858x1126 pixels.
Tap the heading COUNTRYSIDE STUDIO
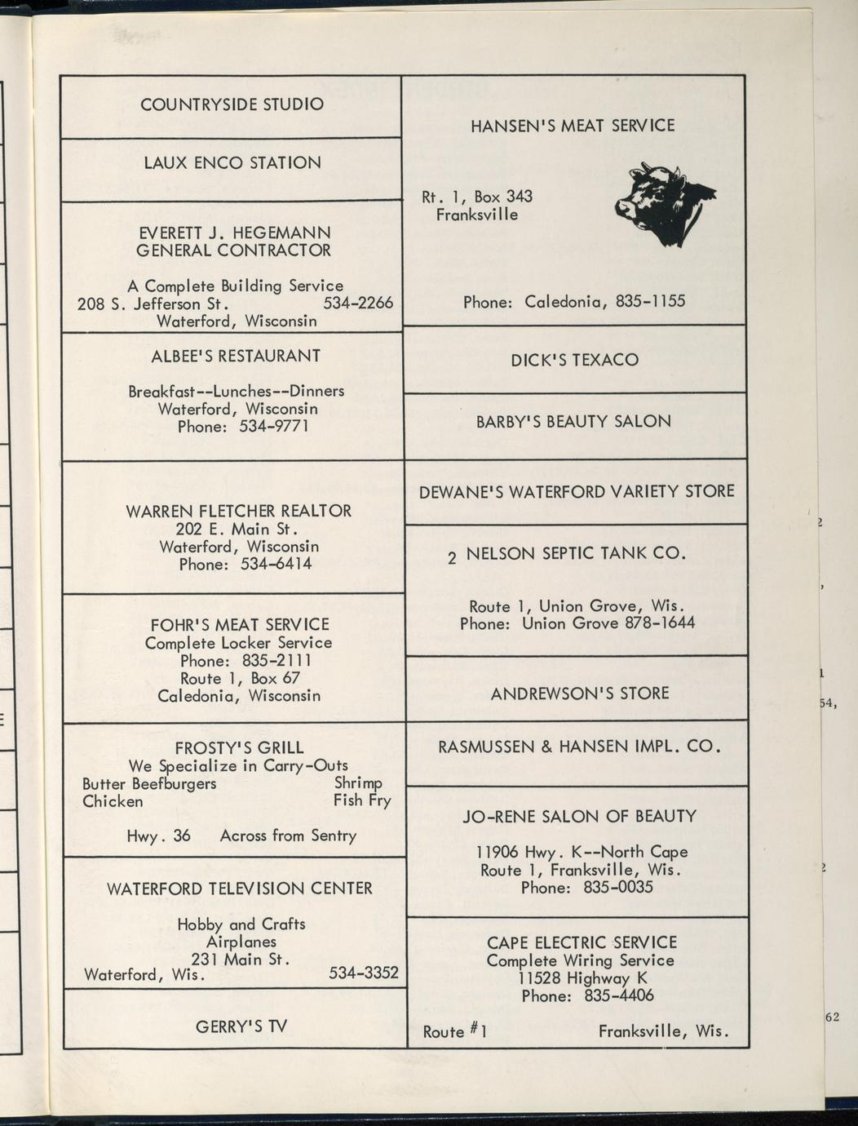(x=232, y=104)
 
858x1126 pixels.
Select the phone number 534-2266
(x=358, y=304)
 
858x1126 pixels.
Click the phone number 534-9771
(x=274, y=427)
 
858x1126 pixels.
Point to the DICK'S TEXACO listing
(x=574, y=360)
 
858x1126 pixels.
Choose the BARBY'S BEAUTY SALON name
(x=573, y=422)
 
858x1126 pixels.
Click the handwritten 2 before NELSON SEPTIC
(x=452, y=559)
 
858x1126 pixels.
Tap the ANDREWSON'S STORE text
(x=579, y=694)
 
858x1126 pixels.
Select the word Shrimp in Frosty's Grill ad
(x=358, y=783)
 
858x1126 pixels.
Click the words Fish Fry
(x=362, y=800)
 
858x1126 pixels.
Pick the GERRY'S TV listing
(x=241, y=1026)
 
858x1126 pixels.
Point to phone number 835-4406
(x=618, y=996)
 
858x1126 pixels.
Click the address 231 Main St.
(x=241, y=960)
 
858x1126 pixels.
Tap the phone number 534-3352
(x=363, y=973)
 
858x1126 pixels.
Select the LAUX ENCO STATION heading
(x=232, y=163)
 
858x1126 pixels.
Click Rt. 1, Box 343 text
(x=476, y=197)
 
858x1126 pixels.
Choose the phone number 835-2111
(x=277, y=661)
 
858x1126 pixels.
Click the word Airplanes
(x=241, y=942)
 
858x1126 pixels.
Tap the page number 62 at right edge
(x=832, y=1017)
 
